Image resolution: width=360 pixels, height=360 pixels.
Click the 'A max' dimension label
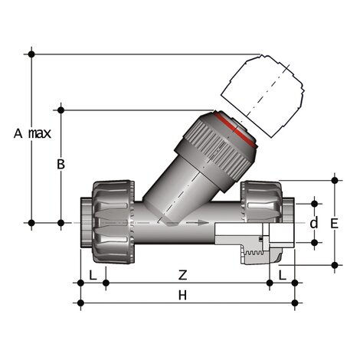click(32, 133)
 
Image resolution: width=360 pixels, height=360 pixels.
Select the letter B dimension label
click(61, 164)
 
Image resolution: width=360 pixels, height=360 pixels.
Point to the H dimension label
click(182, 295)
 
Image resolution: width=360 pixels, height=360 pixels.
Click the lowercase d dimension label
click(313, 223)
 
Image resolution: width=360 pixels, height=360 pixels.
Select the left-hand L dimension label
click(93, 274)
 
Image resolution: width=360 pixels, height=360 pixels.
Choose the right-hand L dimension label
click(282, 274)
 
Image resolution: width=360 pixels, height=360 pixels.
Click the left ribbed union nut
click(113, 221)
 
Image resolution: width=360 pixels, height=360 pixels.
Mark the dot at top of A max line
click(31, 53)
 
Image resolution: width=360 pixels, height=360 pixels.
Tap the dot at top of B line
click(61, 110)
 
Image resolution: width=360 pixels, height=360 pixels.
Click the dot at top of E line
click(335, 180)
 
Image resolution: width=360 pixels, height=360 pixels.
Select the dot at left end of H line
click(80, 303)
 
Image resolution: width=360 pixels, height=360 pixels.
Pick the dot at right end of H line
click(295, 303)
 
